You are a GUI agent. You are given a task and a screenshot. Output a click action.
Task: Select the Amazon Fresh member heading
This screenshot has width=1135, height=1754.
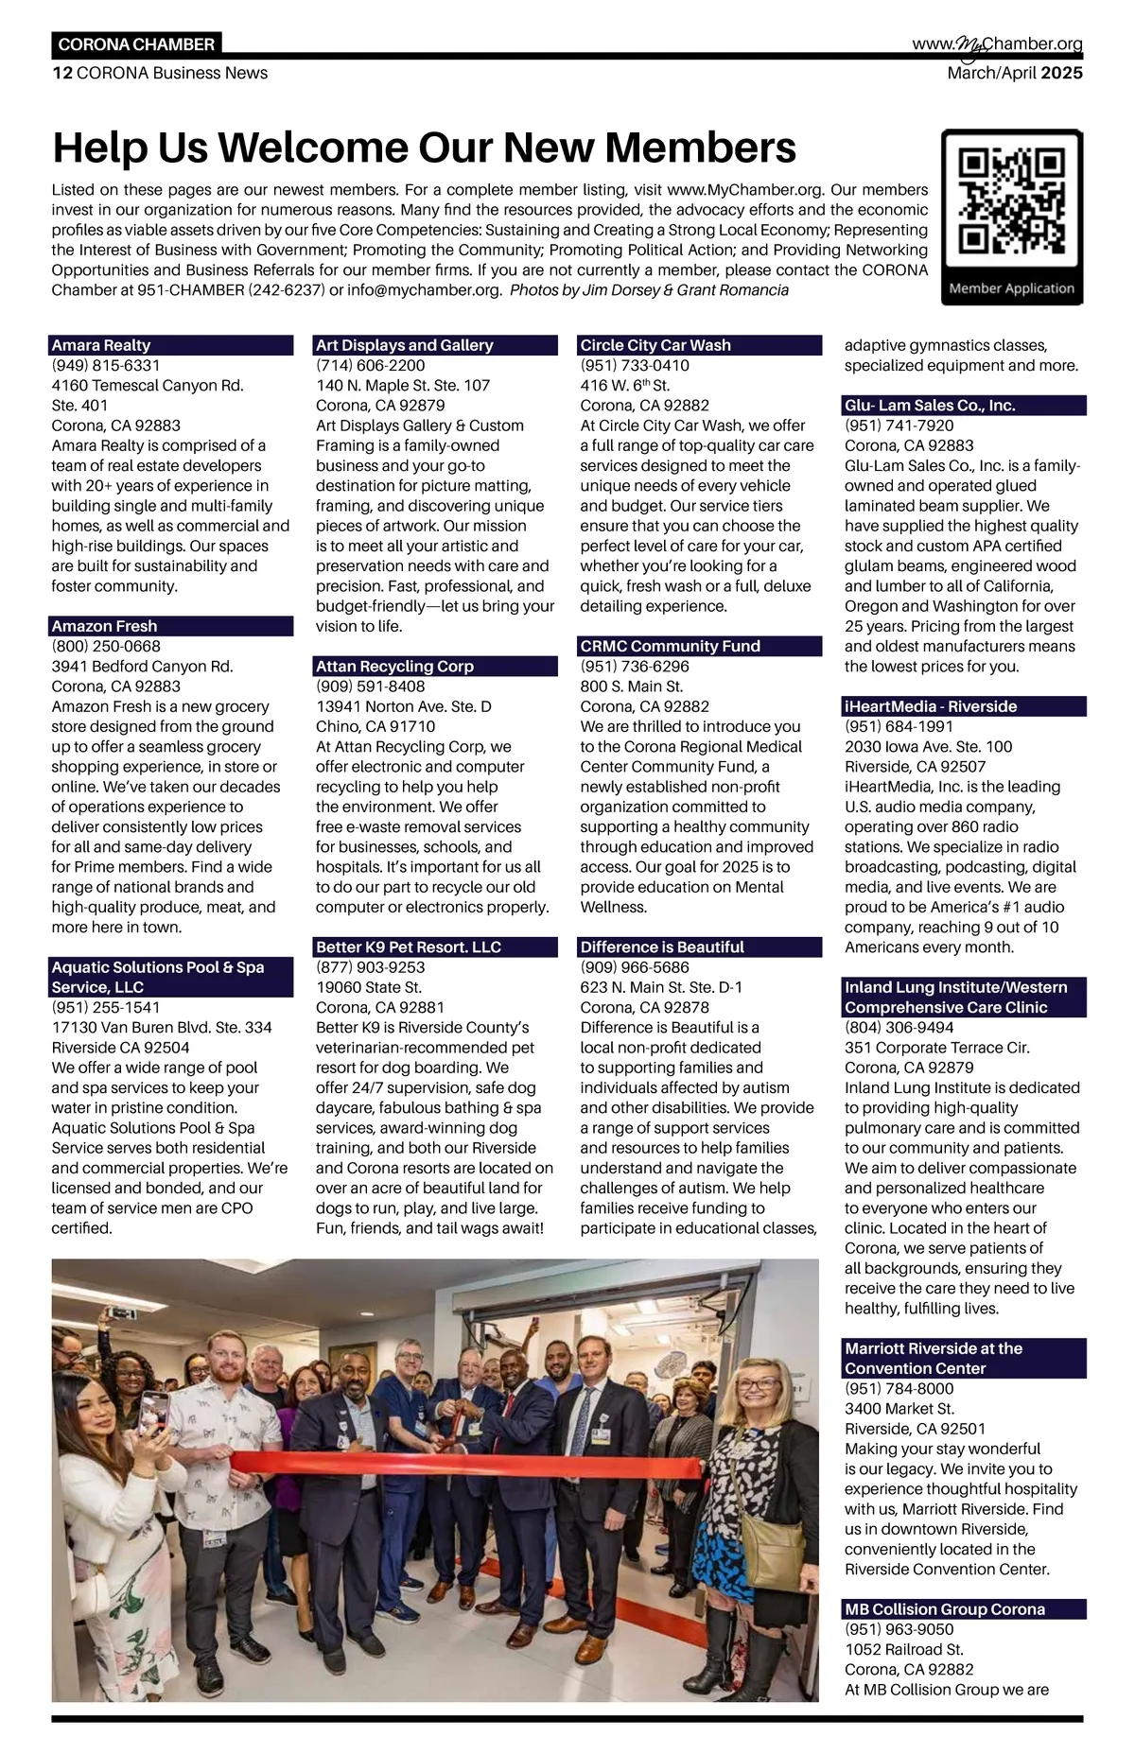pyautogui.click(x=104, y=626)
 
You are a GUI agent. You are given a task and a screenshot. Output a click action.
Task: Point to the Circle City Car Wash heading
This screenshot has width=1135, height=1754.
pyautogui.click(x=655, y=345)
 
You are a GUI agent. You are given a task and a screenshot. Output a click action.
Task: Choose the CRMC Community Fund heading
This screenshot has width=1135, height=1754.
pyautogui.click(x=670, y=646)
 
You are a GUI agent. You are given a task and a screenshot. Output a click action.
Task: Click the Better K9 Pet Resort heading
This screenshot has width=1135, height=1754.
pyautogui.click(x=409, y=946)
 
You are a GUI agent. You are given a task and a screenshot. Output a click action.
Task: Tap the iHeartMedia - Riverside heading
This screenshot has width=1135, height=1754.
pyautogui.click(x=931, y=706)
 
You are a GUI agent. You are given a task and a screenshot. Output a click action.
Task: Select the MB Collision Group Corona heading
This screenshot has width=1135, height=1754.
pyautogui.click(x=945, y=1609)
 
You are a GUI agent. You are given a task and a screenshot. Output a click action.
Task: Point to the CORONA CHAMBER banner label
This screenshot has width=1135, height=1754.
pyautogui.click(x=136, y=44)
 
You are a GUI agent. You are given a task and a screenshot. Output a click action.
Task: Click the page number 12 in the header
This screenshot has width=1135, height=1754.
pyautogui.click(x=61, y=73)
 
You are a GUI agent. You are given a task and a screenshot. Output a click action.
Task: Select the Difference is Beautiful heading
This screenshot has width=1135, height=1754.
pyautogui.click(x=662, y=946)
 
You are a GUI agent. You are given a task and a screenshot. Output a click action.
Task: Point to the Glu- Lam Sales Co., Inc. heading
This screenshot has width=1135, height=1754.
pyautogui.click(x=930, y=406)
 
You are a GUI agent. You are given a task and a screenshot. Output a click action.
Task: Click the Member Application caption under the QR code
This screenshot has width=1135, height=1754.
pyautogui.click(x=1011, y=288)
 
